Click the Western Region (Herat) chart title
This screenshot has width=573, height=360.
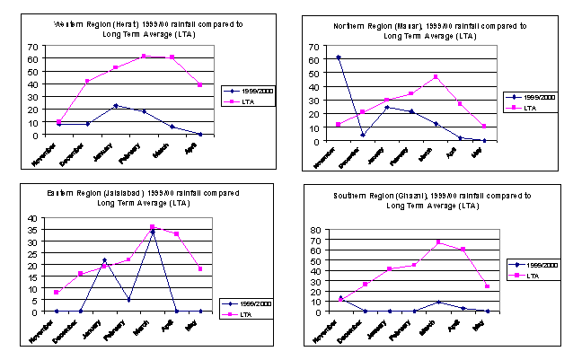coord(148,29)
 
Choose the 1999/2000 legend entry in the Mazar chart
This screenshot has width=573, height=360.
coord(527,97)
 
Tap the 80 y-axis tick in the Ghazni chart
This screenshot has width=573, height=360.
coord(315,230)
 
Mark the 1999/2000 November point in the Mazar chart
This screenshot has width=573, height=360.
coord(339,57)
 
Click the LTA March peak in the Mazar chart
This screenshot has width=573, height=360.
coord(436,77)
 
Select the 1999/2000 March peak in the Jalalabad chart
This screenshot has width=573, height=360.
coord(153,232)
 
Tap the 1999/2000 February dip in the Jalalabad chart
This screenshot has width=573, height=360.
coord(129,300)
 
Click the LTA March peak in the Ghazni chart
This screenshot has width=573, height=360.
coord(438,242)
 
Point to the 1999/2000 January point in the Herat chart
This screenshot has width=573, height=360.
coord(115,106)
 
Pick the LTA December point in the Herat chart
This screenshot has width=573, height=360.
coord(87,82)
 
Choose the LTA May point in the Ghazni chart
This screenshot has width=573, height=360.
coord(487,286)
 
